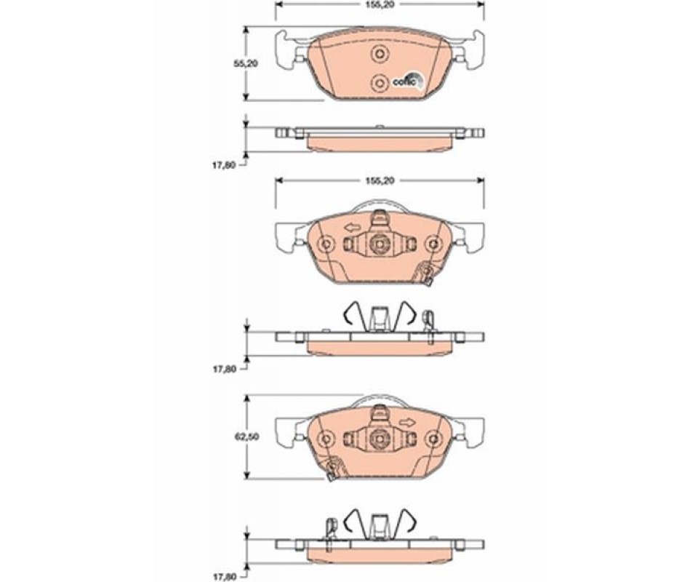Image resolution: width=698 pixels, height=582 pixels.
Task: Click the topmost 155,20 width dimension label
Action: click(x=380, y=4)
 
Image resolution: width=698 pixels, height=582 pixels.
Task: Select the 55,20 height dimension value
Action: click(x=246, y=64)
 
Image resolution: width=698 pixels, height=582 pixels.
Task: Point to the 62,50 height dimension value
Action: click(x=246, y=437)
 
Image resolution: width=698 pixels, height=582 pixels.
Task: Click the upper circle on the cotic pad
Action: click(x=380, y=54)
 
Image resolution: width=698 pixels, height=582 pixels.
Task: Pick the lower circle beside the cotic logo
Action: click(x=380, y=82)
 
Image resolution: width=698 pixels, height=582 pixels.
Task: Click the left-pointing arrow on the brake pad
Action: click(x=352, y=228)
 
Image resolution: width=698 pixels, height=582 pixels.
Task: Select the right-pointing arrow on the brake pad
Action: click(x=407, y=422)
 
